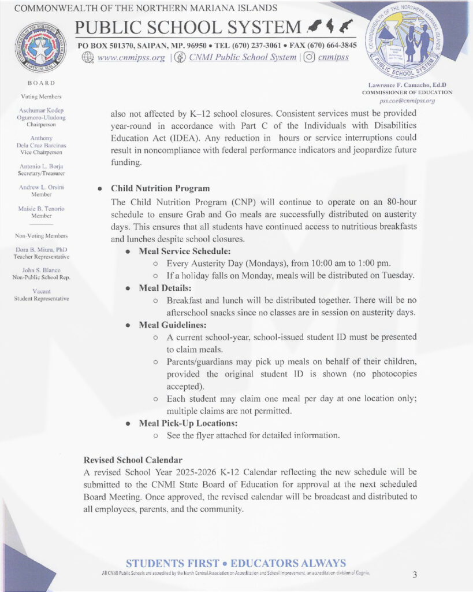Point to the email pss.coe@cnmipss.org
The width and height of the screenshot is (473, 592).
407,101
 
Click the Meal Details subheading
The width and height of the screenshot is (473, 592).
166,288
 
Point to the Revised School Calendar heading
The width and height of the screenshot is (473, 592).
133,460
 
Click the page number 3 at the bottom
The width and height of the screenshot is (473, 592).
415,574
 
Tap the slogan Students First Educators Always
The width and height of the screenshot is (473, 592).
236,563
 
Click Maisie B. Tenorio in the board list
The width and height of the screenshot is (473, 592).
41,208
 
